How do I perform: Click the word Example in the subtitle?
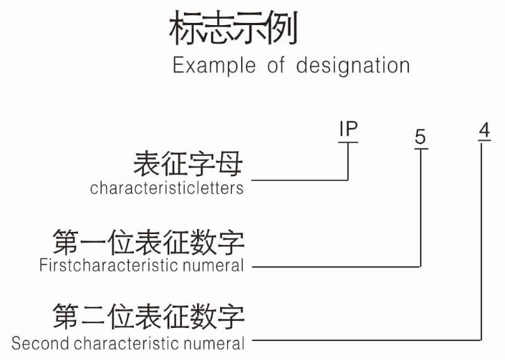[215, 65]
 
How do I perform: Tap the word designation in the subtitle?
[352, 65]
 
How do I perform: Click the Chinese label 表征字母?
[188, 166]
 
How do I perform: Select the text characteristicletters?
[166, 188]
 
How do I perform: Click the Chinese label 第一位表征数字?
[148, 243]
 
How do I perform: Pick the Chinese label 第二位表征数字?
[148, 317]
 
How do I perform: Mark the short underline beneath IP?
[348, 142]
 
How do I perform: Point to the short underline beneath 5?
[420, 148]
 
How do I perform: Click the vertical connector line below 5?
[421, 209]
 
